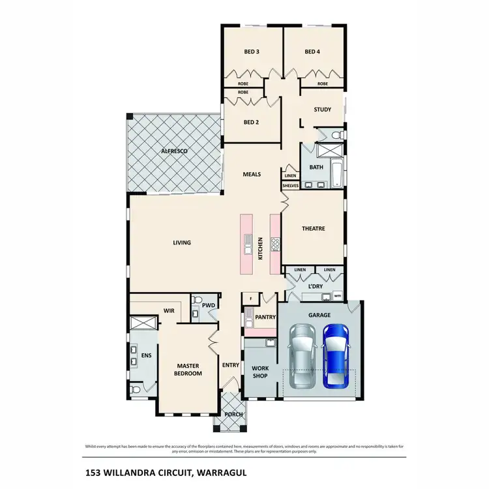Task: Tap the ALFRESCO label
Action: (x=175, y=151)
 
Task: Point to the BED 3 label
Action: (x=252, y=52)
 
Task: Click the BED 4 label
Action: (x=312, y=52)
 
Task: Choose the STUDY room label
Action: (x=322, y=110)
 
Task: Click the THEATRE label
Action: (x=313, y=228)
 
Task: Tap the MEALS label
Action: (x=252, y=174)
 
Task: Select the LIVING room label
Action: (x=182, y=243)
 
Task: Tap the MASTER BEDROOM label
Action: (x=188, y=370)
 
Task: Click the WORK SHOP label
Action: (x=259, y=372)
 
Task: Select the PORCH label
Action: (x=233, y=415)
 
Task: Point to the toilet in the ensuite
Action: (x=134, y=389)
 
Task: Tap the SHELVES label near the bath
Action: (x=290, y=186)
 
